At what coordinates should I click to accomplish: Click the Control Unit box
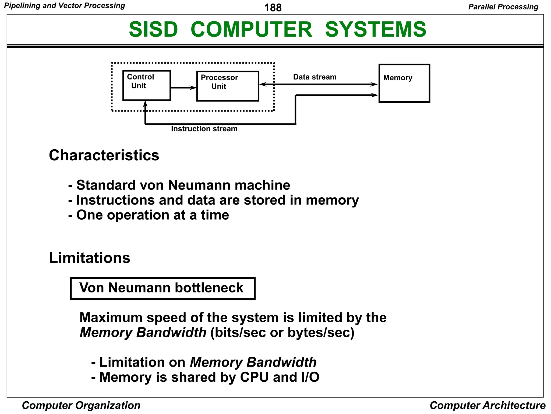[147, 85]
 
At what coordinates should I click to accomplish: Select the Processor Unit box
[228, 86]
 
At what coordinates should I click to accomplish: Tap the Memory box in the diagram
[404, 83]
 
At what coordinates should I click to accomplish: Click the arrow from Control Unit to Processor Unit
[183, 88]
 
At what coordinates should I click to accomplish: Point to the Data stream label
[315, 77]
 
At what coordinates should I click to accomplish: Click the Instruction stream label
[204, 129]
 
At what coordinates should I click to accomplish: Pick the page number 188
[273, 8]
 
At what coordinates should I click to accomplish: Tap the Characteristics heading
[104, 156]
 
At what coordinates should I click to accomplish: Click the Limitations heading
[89, 258]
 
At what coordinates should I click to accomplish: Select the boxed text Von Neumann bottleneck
[163, 288]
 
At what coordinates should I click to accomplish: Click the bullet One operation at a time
[149, 215]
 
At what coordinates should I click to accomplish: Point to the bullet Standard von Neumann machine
[179, 185]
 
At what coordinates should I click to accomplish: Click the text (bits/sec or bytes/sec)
[282, 333]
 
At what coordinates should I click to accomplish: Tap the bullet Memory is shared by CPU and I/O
[205, 377]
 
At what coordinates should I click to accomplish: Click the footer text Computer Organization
[81, 405]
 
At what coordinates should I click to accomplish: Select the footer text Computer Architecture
[487, 405]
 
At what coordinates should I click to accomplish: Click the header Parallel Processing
[503, 7]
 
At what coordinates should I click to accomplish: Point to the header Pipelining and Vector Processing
[65, 6]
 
